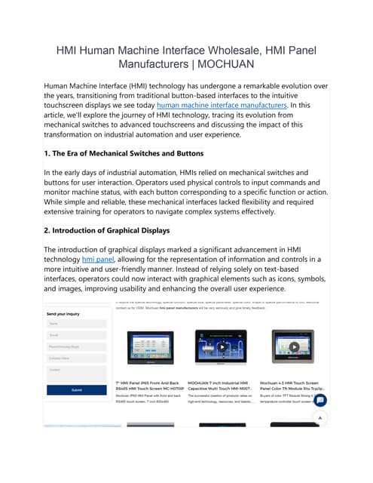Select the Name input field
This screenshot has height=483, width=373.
[x=76, y=324]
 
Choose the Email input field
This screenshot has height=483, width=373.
[x=76, y=336]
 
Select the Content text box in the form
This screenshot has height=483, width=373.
[x=76, y=371]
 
